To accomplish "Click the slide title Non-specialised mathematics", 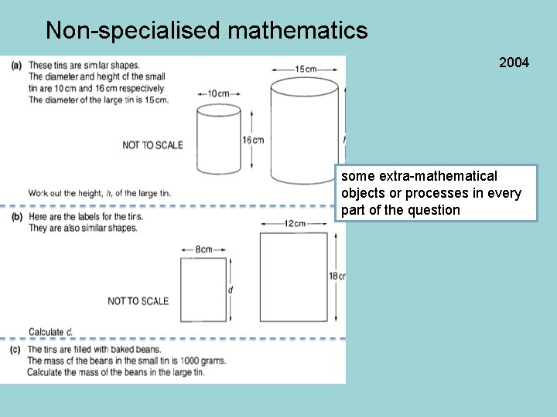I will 207,30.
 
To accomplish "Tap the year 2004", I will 514,63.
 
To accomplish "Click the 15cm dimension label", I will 306,69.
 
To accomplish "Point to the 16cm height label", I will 253,140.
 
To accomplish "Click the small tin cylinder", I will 219,140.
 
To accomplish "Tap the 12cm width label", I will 293,223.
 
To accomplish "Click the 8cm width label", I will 203,249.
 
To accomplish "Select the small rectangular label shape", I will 203,290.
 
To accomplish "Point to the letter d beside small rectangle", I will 231,290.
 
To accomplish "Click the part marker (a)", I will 16,65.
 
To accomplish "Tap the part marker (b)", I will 16,217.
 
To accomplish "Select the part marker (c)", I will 16,350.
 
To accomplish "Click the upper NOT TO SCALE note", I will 152,145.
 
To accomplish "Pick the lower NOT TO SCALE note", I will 138,301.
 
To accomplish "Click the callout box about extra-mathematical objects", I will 436,193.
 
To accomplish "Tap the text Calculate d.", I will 51,332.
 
